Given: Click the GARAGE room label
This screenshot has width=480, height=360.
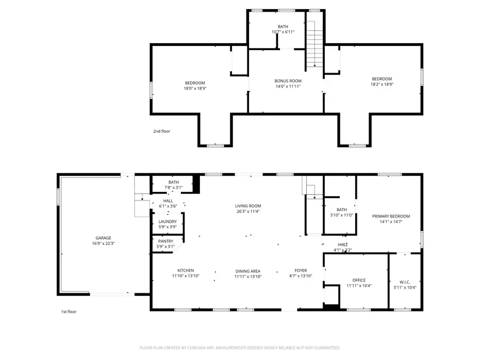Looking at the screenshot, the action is (103, 238).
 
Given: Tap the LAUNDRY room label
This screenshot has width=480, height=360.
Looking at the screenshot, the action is (168, 221).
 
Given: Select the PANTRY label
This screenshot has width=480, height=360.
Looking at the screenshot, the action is (166, 241).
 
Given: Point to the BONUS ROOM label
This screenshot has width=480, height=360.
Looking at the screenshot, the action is (288, 81).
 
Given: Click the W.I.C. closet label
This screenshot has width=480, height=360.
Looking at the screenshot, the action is (405, 282).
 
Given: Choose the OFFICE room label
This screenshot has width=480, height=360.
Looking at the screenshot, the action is (359, 280).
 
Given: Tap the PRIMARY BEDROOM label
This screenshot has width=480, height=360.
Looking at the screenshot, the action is (391, 216).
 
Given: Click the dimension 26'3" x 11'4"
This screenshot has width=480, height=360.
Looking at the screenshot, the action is (248, 211).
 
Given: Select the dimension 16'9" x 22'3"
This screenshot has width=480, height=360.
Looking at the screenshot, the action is (103, 243).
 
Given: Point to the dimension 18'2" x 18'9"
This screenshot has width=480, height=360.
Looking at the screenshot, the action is (382, 84).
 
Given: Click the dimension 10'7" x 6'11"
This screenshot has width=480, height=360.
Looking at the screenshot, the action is (283, 32).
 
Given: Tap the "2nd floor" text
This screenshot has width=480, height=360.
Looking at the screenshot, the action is (162, 131).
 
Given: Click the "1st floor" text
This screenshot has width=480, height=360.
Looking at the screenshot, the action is (69, 311).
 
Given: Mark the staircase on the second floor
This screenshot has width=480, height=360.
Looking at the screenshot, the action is (315, 44).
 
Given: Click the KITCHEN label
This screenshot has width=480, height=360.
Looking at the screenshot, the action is (186, 270).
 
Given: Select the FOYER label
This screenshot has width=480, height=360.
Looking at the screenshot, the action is (301, 270).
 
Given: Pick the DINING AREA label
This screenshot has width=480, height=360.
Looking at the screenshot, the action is (248, 271).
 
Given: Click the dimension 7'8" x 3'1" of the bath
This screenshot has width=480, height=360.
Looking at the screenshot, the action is (173, 188).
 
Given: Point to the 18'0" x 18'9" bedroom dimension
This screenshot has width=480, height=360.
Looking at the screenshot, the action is (195, 89).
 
